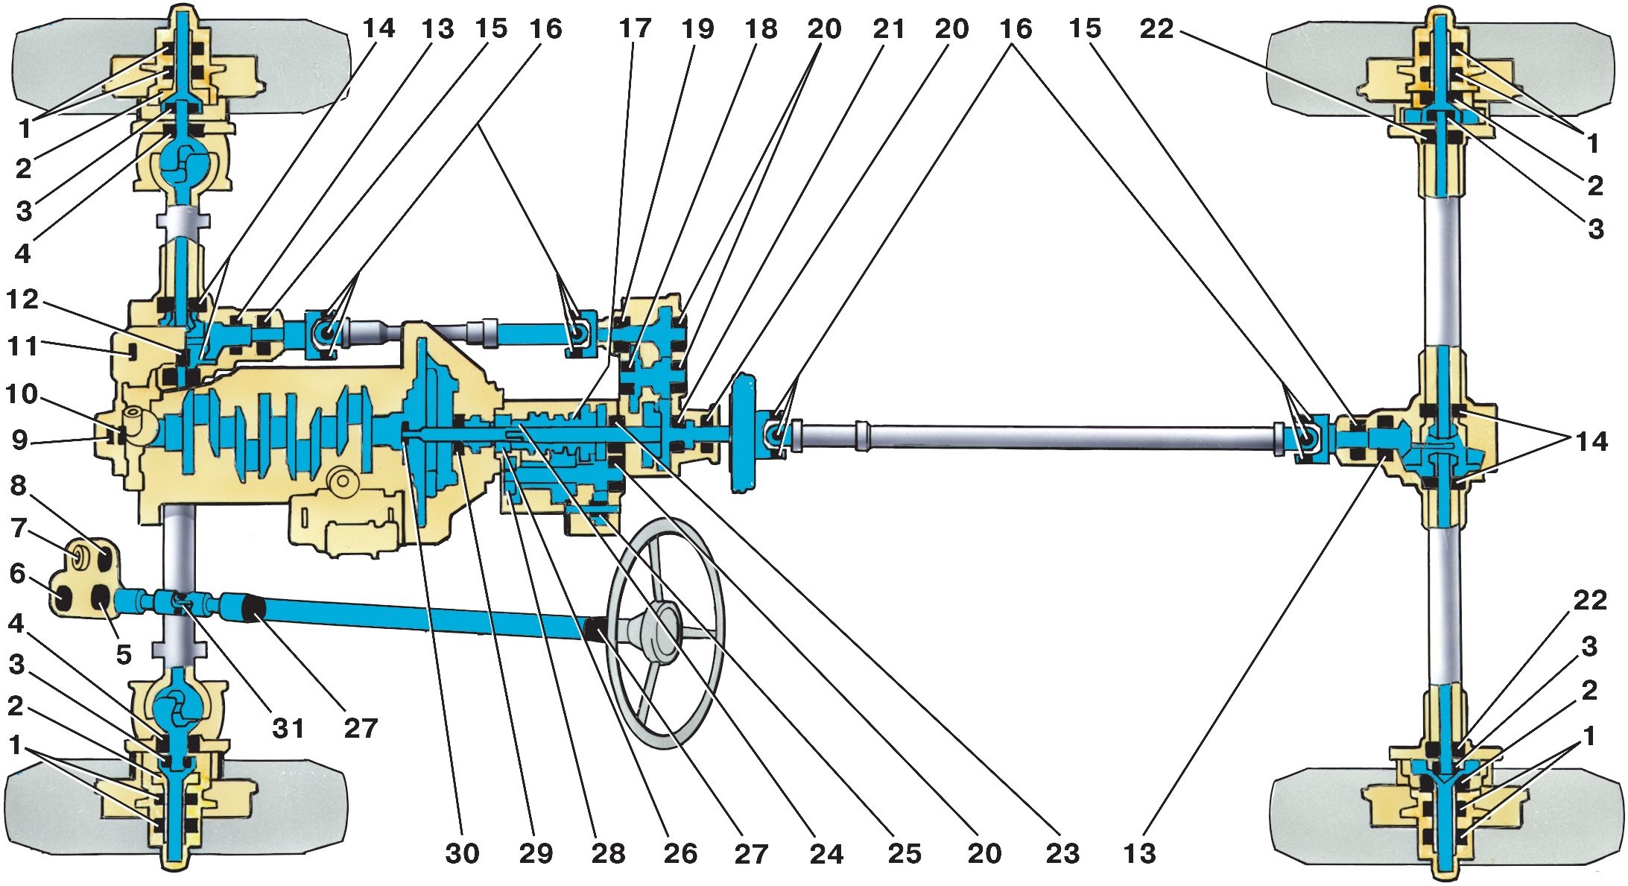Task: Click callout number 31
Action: [x=288, y=727]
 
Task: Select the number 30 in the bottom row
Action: [x=462, y=853]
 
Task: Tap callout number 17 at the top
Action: [x=635, y=28]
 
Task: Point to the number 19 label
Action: [x=698, y=28]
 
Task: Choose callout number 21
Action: [x=889, y=28]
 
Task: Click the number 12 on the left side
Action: [x=22, y=299]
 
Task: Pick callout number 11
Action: [x=22, y=346]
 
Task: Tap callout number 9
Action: [x=20, y=440]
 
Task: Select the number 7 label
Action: [x=19, y=528]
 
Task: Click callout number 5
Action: [x=124, y=654]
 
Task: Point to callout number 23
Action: [x=1062, y=853]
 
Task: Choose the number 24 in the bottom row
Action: [x=826, y=853]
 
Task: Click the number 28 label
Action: [x=609, y=853]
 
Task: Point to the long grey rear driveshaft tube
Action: [x=1036, y=437]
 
